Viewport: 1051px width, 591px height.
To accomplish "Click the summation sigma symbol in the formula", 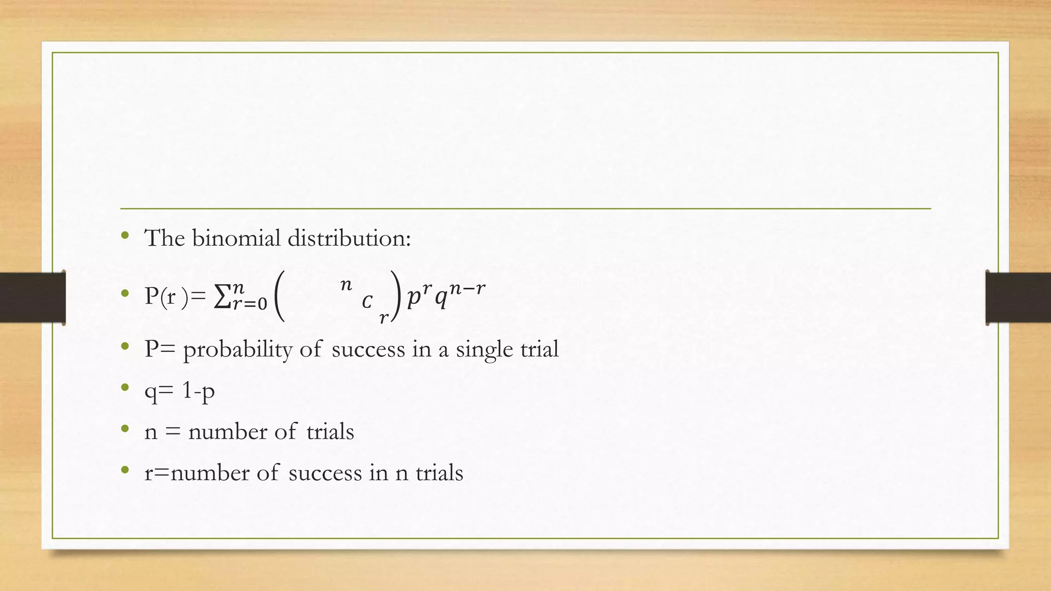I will (x=222, y=297).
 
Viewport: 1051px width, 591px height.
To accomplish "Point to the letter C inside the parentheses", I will (x=366, y=302).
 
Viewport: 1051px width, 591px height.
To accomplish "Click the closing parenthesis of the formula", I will (x=395, y=297).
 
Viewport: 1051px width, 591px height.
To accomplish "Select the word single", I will (x=484, y=350).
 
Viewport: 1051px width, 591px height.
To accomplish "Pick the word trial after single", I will (x=539, y=349).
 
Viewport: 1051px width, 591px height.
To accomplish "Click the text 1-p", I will (x=198, y=392).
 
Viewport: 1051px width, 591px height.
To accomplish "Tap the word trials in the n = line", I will (x=330, y=432).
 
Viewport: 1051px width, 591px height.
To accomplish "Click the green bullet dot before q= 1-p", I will (x=125, y=388).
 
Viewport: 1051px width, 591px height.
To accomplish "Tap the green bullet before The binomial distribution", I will (x=125, y=235).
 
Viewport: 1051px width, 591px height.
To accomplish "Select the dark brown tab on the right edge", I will (x=1018, y=298).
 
